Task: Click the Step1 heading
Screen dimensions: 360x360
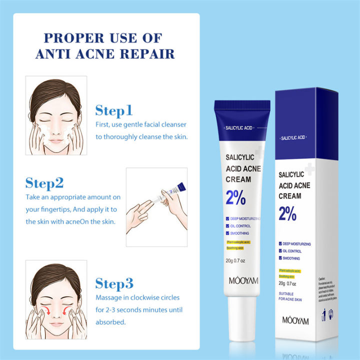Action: pos(114,110)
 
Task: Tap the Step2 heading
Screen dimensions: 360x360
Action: pos(44,183)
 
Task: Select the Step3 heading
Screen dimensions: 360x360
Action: pos(114,284)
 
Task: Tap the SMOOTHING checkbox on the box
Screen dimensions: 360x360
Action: pos(280,258)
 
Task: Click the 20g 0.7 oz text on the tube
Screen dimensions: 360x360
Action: pos(235,260)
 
